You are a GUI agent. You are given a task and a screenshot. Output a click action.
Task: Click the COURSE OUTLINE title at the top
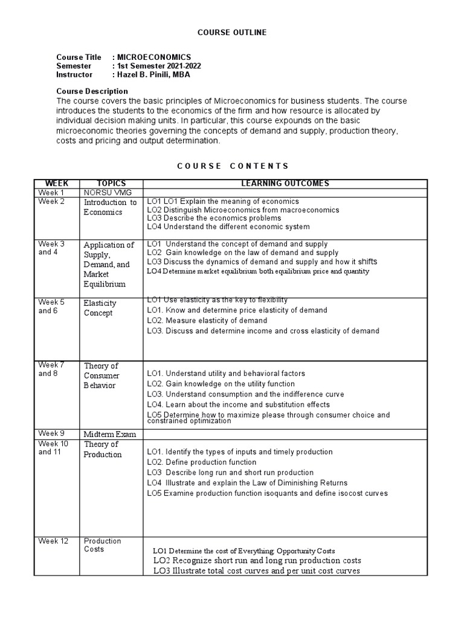point(232,32)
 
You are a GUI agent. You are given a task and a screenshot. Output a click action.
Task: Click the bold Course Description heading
point(92,91)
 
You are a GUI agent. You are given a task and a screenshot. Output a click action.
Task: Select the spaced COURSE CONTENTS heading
point(232,166)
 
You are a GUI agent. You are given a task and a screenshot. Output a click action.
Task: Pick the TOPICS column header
point(111,184)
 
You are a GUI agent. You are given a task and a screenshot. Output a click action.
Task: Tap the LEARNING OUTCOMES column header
point(285,184)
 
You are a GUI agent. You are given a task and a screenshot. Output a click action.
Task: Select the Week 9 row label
point(52,433)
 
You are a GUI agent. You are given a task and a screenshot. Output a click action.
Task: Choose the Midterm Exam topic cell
point(110,435)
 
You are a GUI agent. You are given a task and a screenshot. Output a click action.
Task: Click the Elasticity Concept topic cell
point(100,308)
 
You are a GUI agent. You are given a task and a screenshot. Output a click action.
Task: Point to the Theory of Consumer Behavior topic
point(101,375)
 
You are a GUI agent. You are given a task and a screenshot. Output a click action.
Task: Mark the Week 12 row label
point(54,541)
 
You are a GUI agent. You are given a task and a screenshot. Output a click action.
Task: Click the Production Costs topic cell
point(102,545)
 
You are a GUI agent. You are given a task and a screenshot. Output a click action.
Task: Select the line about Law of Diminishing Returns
point(247,483)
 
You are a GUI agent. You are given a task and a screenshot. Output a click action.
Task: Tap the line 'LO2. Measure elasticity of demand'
point(207,320)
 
